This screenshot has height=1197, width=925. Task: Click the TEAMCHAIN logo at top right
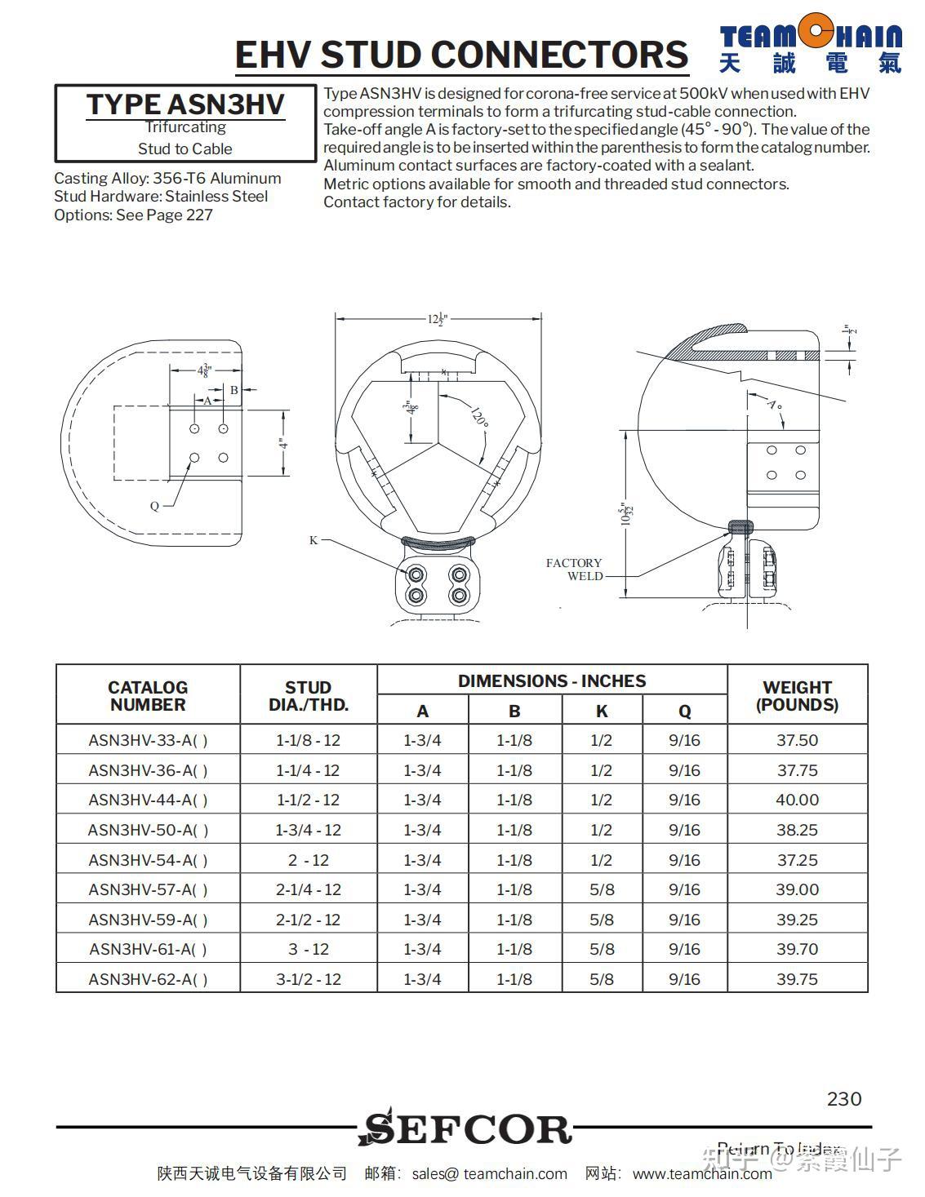point(811,47)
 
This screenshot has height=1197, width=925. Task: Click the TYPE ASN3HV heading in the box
point(185,104)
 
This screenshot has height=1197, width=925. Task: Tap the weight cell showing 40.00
point(797,800)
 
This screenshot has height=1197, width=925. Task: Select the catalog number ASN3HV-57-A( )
point(148,889)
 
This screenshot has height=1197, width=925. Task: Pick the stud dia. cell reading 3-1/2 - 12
point(308,979)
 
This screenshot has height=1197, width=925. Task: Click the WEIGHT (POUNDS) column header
point(797,696)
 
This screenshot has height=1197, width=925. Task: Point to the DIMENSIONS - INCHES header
point(551,681)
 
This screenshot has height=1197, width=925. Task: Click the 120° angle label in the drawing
point(480,417)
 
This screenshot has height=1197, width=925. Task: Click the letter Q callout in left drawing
point(154,506)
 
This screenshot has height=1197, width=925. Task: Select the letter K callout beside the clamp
point(314,540)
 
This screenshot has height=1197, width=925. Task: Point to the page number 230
point(844,1099)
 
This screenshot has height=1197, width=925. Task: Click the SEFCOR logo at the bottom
point(465,1128)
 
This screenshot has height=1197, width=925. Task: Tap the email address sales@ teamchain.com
point(489,1173)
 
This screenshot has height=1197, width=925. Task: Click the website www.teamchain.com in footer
point(702,1173)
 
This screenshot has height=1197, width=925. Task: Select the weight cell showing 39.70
point(797,949)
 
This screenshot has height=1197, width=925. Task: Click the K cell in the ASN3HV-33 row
point(602,740)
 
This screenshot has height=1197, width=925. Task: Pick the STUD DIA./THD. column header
point(308,696)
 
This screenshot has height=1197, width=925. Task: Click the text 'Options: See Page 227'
point(133,215)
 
